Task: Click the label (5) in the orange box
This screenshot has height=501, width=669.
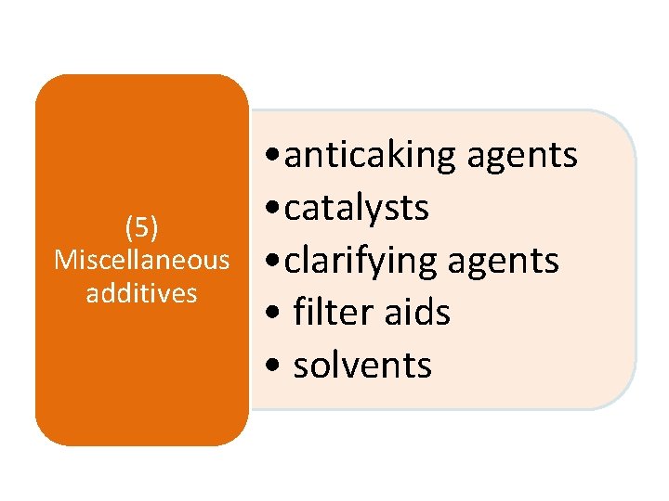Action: click(x=141, y=225)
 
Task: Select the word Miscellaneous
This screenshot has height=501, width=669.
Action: click(x=141, y=260)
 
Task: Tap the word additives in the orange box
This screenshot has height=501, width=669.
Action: click(x=141, y=293)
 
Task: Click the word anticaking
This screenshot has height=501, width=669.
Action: click(x=371, y=156)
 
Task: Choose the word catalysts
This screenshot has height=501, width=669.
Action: click(x=357, y=209)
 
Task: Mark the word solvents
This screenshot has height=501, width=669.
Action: click(x=362, y=366)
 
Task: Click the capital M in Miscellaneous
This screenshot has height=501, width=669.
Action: click(x=65, y=260)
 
